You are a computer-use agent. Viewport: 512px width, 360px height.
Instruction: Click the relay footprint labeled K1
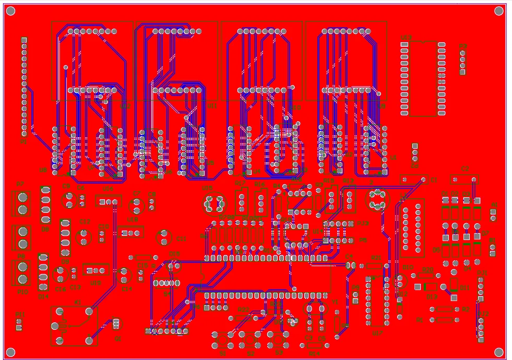point(74,326)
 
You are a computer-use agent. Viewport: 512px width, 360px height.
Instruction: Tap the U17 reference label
point(377,333)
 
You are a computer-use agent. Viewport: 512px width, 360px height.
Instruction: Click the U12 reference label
point(125,106)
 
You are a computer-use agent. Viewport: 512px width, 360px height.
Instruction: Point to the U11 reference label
point(211,106)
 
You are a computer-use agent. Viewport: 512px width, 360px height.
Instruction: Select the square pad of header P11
point(19,328)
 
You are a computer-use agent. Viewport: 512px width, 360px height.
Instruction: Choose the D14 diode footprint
point(43,272)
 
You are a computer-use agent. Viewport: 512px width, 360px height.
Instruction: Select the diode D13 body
point(431,286)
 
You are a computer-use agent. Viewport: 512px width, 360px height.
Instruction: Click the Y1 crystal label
point(335,302)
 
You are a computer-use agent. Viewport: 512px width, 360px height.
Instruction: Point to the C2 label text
point(465,168)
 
